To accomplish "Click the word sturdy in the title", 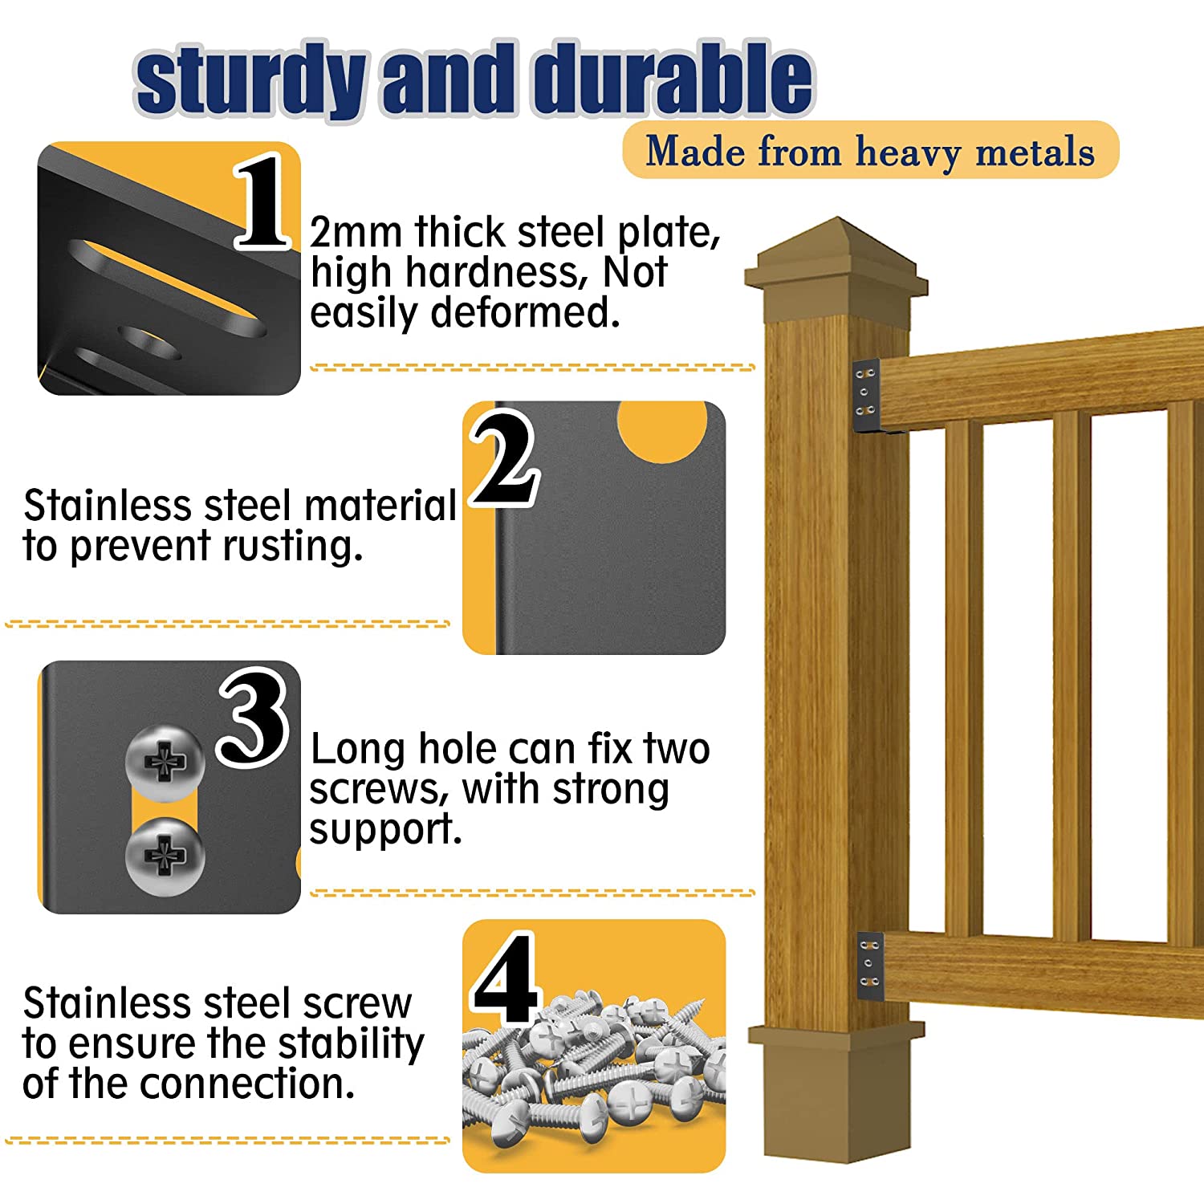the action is pos(250,80).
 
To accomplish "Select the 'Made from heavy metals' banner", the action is pos(870,150).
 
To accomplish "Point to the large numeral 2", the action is pos(503,458).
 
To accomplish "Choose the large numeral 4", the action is pos(504,978).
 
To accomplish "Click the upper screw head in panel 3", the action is pos(165,762).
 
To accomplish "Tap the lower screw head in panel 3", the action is pos(165,856).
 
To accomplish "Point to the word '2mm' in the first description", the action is pos(356,233).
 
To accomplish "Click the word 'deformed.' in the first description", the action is pos(525,313).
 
